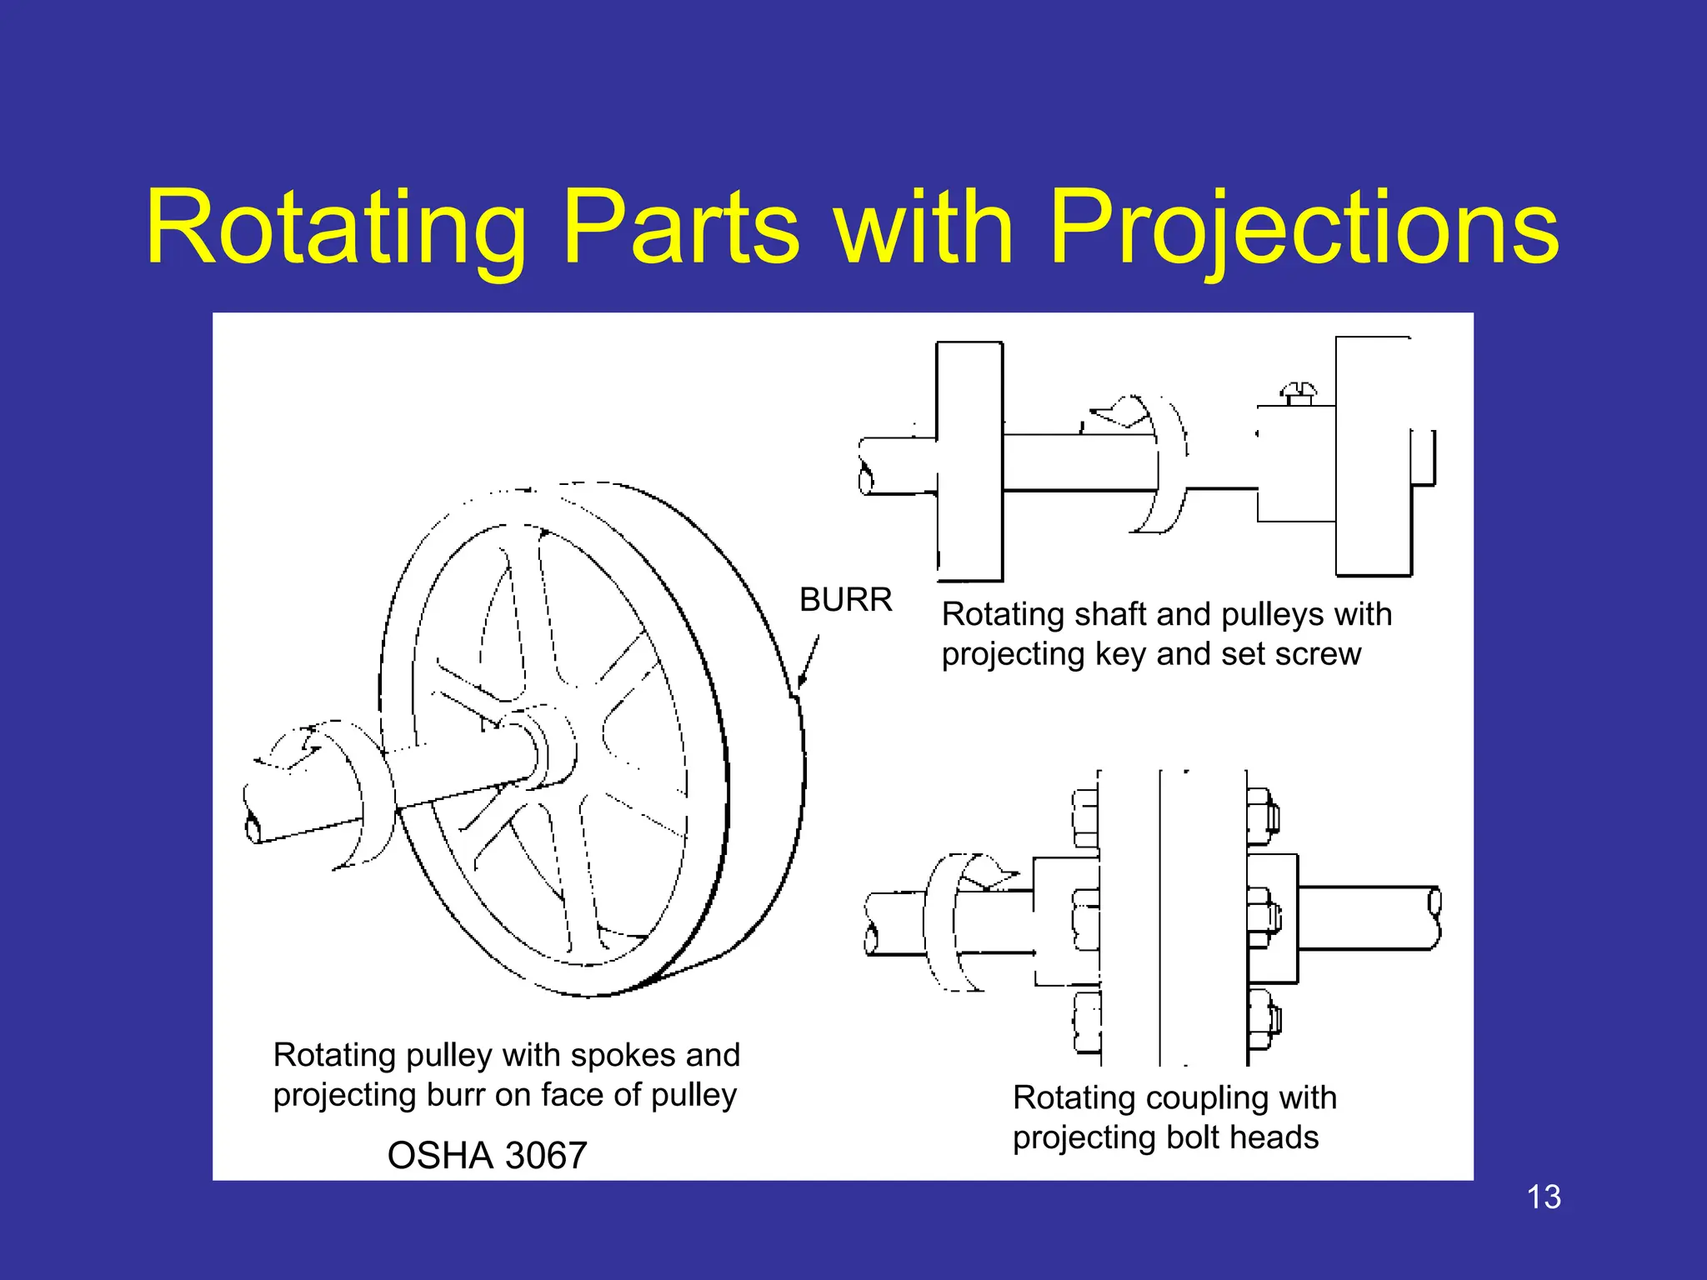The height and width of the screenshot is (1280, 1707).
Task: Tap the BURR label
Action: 845,600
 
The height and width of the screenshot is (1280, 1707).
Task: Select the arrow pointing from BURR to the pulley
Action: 808,662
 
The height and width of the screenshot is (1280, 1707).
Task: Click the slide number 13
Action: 1544,1197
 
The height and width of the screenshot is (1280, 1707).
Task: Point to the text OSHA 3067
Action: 488,1156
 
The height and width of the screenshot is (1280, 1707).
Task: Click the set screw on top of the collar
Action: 1299,392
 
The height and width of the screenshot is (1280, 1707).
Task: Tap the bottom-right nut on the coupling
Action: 1264,1021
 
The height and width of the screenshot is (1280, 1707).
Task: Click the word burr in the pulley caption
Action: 455,1095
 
